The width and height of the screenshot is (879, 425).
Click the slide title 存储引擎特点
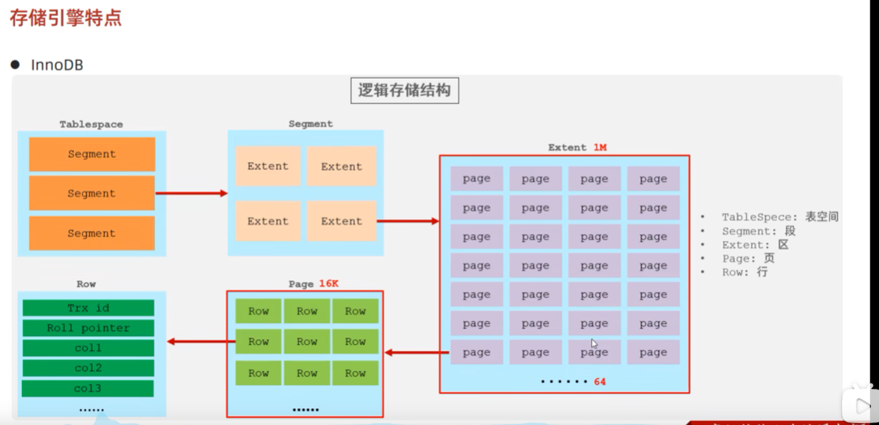pyautogui.click(x=65, y=18)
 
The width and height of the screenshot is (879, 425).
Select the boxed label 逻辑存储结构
pyautogui.click(x=404, y=91)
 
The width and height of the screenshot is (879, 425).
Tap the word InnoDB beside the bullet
pyautogui.click(x=57, y=65)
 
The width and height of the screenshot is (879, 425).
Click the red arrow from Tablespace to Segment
pyautogui.click(x=191, y=193)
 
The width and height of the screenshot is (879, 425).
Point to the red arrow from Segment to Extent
pyautogui.click(x=408, y=221)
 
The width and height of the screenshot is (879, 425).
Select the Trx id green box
pyautogui.click(x=88, y=308)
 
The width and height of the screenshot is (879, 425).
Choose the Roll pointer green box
pyautogui.click(x=88, y=328)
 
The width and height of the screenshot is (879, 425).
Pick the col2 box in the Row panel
pyautogui.click(x=88, y=368)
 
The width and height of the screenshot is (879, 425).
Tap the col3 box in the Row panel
pyautogui.click(x=88, y=389)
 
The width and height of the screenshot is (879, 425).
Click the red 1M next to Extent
pyautogui.click(x=600, y=148)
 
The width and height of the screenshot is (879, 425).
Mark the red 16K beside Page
pyautogui.click(x=329, y=283)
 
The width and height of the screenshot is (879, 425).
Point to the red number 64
pyautogui.click(x=599, y=381)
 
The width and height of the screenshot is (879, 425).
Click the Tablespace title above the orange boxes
pyautogui.click(x=91, y=124)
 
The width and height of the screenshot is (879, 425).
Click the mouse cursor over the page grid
pyautogui.click(x=594, y=343)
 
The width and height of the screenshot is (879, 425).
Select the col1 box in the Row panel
pyautogui.click(x=88, y=348)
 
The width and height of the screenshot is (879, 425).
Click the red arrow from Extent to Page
pyautogui.click(x=416, y=352)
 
